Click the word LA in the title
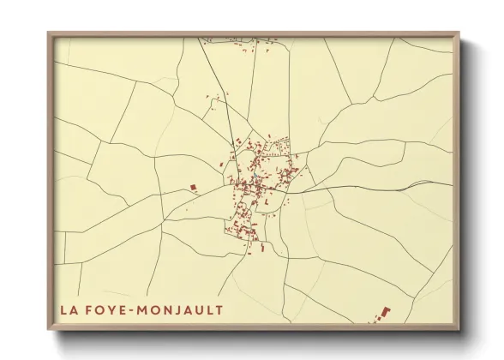coord(68,309)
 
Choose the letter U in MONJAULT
coord(200,309)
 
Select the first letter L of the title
coord(63,309)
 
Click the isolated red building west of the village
coord(193,187)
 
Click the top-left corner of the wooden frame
coord(49,33)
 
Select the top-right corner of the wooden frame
coord(459,33)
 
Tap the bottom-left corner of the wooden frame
coord(49,330)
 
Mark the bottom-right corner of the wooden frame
coord(459,330)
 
